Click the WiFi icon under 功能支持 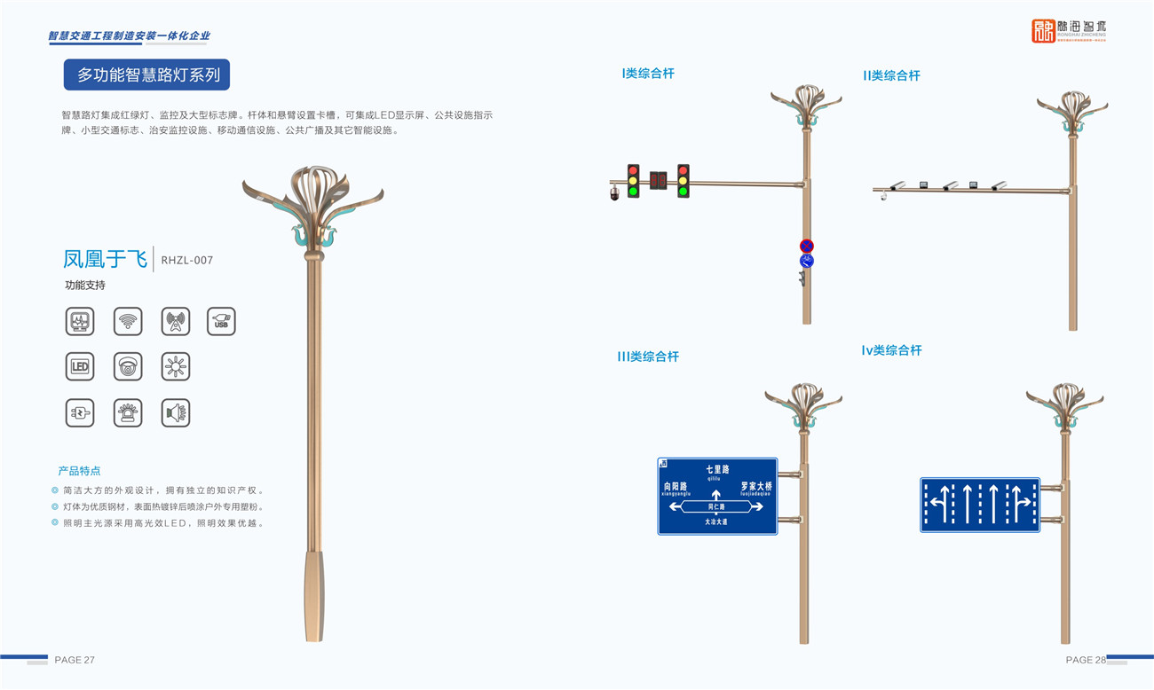(x=128, y=321)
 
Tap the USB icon (x=221, y=321)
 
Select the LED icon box (x=80, y=367)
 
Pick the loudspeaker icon (x=176, y=413)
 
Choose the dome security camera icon (x=128, y=367)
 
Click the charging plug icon (x=80, y=413)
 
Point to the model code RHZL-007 (x=186, y=260)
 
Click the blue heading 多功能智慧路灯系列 (x=147, y=75)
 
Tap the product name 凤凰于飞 (x=105, y=259)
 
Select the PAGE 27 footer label (x=75, y=660)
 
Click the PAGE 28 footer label (x=1085, y=660)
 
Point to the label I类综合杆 (x=648, y=74)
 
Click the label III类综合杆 (x=648, y=357)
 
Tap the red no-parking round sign (x=806, y=246)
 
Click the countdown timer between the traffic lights (x=658, y=181)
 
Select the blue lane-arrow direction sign (x=979, y=505)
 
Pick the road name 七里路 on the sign (x=717, y=469)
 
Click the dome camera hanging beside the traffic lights (x=614, y=193)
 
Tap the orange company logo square (x=1043, y=31)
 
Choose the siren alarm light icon (x=128, y=413)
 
